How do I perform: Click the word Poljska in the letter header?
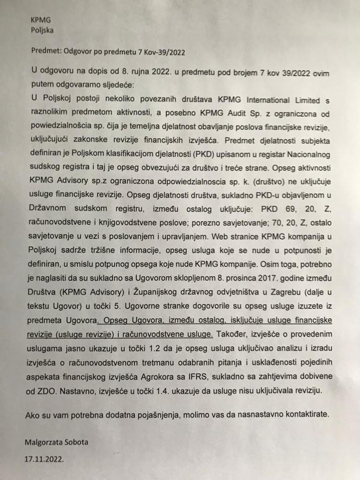42,30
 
